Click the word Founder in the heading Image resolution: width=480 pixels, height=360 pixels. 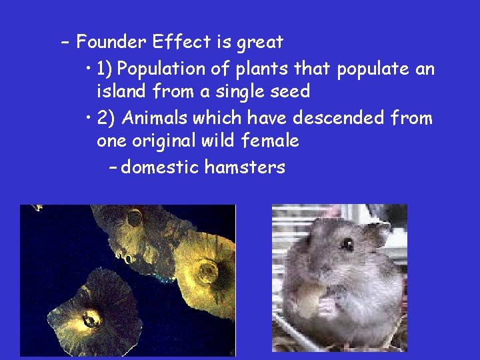[x=111, y=43]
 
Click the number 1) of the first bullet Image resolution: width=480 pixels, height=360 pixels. [x=107, y=69]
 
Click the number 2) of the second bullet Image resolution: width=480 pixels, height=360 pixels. [x=107, y=119]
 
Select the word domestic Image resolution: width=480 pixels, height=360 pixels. [x=160, y=167]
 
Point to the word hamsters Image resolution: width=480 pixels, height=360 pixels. [x=245, y=167]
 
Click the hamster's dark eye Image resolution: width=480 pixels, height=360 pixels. [x=347, y=244]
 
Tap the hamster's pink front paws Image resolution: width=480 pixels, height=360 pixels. [x=327, y=307]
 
